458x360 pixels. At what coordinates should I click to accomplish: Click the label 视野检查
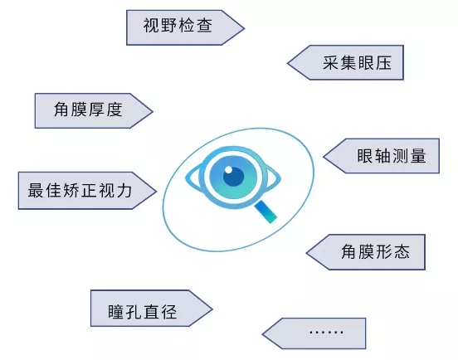point(178,26)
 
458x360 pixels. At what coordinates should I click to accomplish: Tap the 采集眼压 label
point(357,63)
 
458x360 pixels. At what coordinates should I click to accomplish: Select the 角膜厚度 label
point(88,109)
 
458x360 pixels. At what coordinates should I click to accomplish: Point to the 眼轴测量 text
point(392,156)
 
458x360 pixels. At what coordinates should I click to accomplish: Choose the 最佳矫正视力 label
point(80,190)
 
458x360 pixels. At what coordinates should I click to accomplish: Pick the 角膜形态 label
point(375,251)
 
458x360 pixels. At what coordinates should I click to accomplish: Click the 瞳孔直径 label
point(143,312)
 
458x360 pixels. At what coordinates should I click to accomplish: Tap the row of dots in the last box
point(326,333)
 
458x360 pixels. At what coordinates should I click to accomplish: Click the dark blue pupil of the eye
point(234,177)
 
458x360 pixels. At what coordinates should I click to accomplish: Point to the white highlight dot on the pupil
point(229,170)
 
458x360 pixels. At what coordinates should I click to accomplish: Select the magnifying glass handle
point(266,212)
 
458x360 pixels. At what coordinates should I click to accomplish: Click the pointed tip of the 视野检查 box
point(244,28)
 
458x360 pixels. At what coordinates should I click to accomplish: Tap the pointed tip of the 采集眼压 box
point(288,63)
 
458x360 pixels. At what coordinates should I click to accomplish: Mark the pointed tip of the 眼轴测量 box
point(324,156)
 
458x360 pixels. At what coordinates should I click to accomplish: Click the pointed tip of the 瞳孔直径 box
point(212,309)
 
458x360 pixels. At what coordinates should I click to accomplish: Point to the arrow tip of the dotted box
point(262,334)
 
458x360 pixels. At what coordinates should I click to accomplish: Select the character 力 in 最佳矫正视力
point(124,190)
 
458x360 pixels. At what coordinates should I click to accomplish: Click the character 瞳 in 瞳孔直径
point(116,312)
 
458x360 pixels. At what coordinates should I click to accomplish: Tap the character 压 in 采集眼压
point(383,63)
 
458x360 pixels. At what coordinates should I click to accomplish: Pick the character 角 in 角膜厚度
point(61,109)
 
